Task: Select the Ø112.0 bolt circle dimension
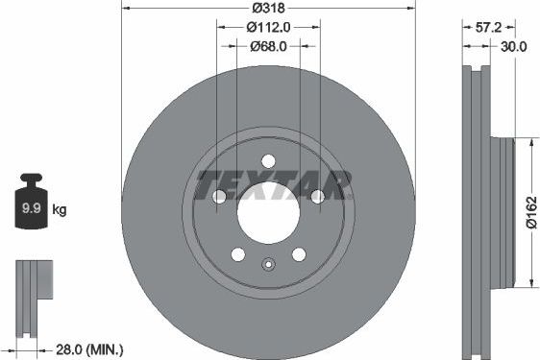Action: (x=268, y=27)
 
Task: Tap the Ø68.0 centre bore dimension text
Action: (x=269, y=46)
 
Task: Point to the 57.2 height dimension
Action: (x=489, y=28)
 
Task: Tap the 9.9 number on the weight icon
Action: (x=30, y=206)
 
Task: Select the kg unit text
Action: (x=60, y=207)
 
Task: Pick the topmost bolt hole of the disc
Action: (x=268, y=160)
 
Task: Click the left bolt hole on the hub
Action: (x=219, y=196)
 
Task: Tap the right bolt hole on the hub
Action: (x=317, y=196)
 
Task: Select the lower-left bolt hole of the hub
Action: (x=238, y=253)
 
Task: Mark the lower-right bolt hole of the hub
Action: (x=299, y=253)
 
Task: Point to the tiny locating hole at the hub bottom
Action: (x=269, y=266)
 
